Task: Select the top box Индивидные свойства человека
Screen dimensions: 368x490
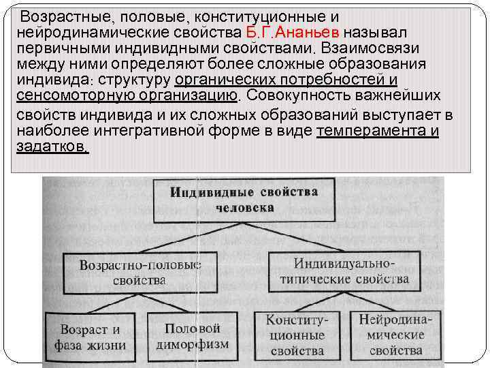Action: pyautogui.click(x=243, y=198)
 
